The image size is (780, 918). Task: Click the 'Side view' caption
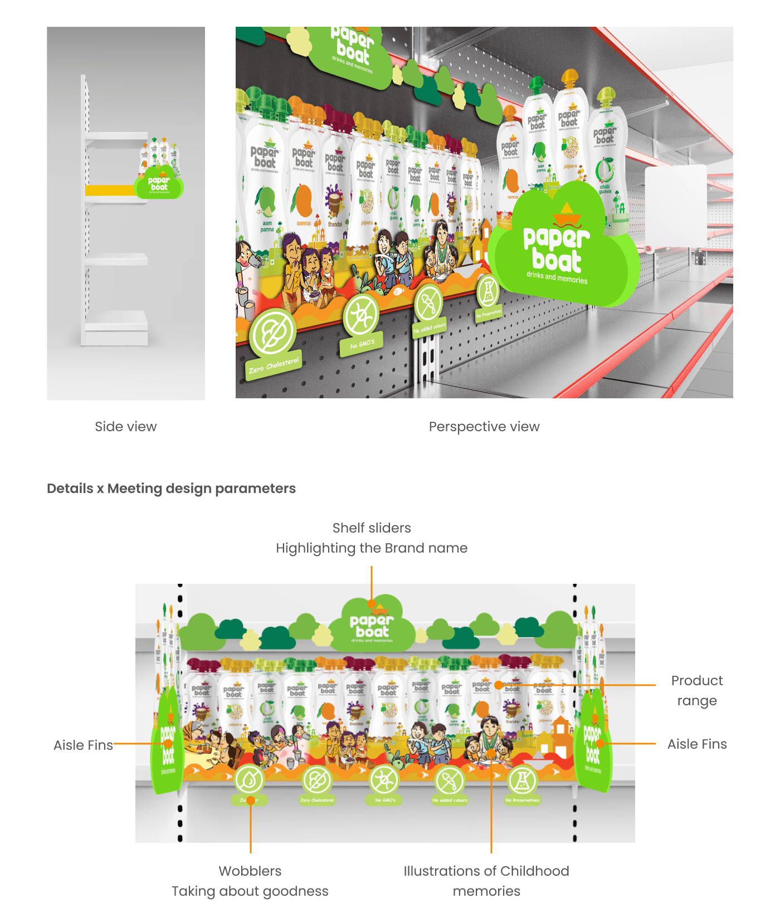click(126, 427)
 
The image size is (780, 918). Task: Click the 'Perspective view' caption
click(484, 427)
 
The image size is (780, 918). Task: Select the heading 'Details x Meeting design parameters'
click(171, 489)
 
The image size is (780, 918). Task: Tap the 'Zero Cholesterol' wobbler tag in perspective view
click(274, 365)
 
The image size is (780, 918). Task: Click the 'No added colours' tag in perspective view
click(430, 328)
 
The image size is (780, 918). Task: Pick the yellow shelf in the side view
click(110, 191)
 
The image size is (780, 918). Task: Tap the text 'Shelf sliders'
click(372, 528)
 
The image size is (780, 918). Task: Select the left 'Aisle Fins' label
click(83, 745)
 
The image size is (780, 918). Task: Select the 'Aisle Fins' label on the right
click(697, 744)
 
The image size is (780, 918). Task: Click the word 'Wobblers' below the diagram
click(250, 871)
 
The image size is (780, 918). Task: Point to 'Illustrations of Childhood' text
click(486, 871)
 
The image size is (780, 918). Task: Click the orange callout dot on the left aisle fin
click(168, 744)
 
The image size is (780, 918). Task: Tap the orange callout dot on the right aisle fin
click(599, 744)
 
